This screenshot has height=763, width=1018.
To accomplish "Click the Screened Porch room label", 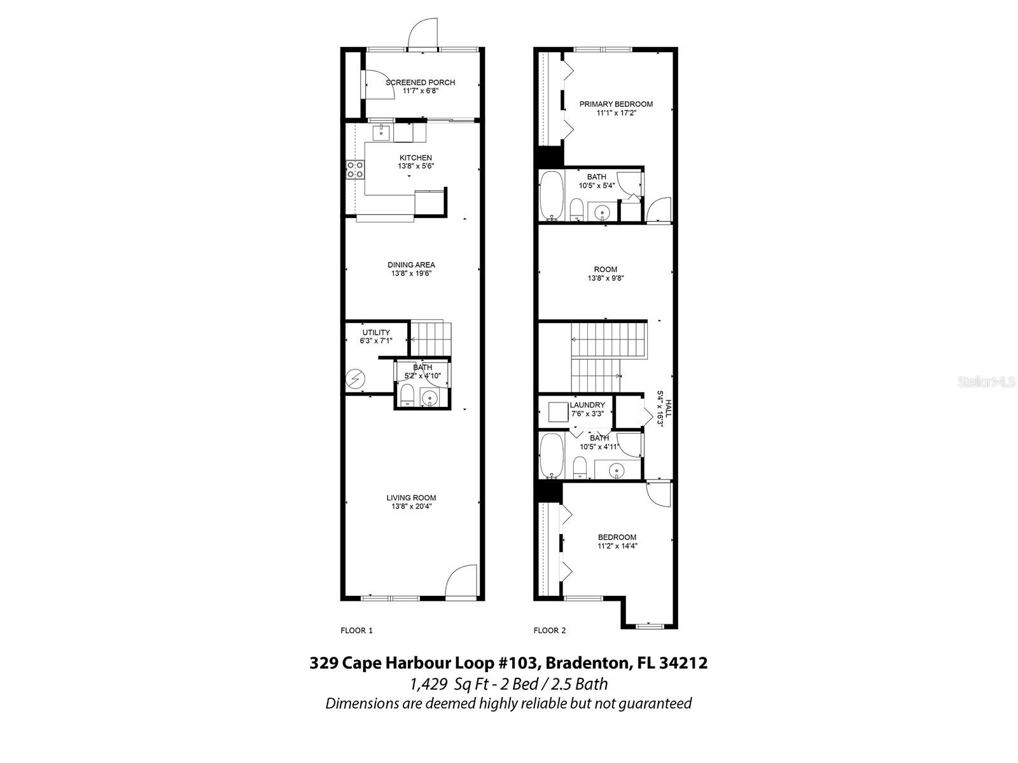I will pos(420,83).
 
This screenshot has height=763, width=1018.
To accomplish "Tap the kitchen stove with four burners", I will pos(355,169).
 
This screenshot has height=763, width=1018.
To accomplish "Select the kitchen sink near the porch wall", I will pos(380,132).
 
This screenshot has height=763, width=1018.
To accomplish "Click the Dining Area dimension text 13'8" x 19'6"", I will pos(412,273).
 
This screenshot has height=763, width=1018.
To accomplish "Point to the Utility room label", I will pos(376,333).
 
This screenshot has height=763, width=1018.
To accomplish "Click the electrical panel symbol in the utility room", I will pos(354,380).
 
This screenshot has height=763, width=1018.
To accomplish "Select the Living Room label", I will pos(411,498).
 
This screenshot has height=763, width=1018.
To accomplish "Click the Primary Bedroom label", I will pos(615,104).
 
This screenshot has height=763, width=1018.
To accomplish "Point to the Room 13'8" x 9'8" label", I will pos(605,270).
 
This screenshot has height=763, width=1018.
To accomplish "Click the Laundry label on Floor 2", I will pos(587,405).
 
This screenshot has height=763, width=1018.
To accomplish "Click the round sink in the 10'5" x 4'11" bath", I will pos(616,471).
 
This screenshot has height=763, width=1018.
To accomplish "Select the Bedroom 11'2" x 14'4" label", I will pos(617,537).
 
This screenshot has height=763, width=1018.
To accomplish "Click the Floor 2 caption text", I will pos(549,631).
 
